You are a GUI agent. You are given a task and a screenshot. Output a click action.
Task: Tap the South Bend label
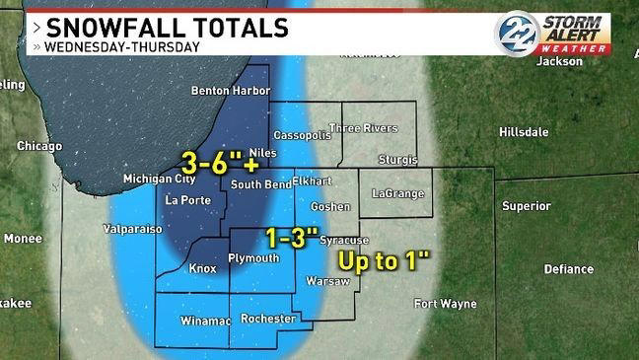(258, 184)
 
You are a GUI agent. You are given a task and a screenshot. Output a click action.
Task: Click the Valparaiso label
(125, 228)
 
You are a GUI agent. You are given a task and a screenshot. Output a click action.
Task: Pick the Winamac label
(205, 322)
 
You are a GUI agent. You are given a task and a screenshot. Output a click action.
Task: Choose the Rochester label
(268, 319)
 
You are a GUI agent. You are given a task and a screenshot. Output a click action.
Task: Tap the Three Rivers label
(362, 128)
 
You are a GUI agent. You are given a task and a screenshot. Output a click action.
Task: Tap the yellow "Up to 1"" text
(386, 261)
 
